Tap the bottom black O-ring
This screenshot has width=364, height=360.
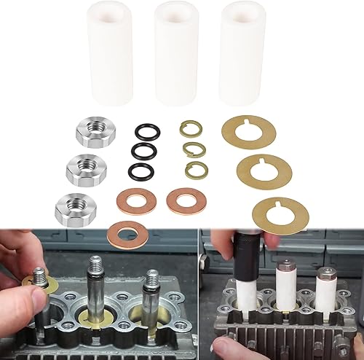tap(141, 172)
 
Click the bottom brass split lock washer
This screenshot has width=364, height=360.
tap(196, 171)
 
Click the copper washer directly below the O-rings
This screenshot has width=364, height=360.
tap(136, 201)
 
